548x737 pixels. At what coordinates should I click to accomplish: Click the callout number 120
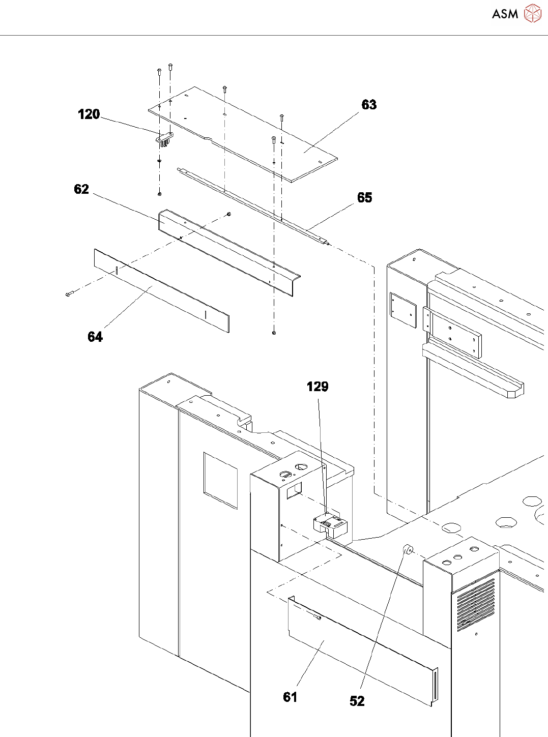click(x=89, y=114)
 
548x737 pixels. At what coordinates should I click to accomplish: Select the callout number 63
click(x=369, y=104)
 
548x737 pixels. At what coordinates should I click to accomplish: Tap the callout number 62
click(x=81, y=189)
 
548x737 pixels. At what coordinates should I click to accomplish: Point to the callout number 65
click(x=364, y=197)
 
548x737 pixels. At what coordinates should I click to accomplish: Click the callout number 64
click(x=95, y=337)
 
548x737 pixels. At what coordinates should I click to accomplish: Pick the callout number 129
click(x=318, y=387)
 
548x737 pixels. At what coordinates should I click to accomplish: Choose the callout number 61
click(x=290, y=697)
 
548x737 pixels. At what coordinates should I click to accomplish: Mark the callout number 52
click(x=357, y=701)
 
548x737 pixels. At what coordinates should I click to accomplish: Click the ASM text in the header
click(x=505, y=14)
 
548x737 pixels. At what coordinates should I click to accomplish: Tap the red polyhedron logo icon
click(x=533, y=13)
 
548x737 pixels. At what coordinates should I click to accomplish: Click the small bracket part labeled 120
click(x=165, y=139)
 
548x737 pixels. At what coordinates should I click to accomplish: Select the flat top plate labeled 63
click(x=243, y=134)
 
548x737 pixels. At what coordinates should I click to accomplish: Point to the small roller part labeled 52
click(x=408, y=549)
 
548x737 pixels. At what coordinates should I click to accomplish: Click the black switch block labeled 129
click(x=330, y=526)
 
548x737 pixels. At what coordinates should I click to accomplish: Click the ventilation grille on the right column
click(x=476, y=605)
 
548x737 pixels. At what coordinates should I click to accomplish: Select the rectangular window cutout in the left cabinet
click(x=221, y=481)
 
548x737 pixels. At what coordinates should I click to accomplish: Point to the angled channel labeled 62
click(x=229, y=253)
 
